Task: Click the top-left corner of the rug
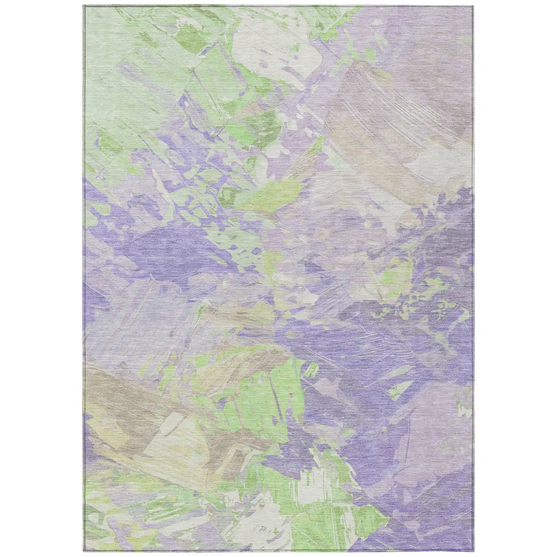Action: point(84,6)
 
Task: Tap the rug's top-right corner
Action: point(473,6)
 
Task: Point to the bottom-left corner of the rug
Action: point(84,552)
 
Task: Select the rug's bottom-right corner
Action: point(473,552)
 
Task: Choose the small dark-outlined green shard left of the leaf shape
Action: point(228,195)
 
